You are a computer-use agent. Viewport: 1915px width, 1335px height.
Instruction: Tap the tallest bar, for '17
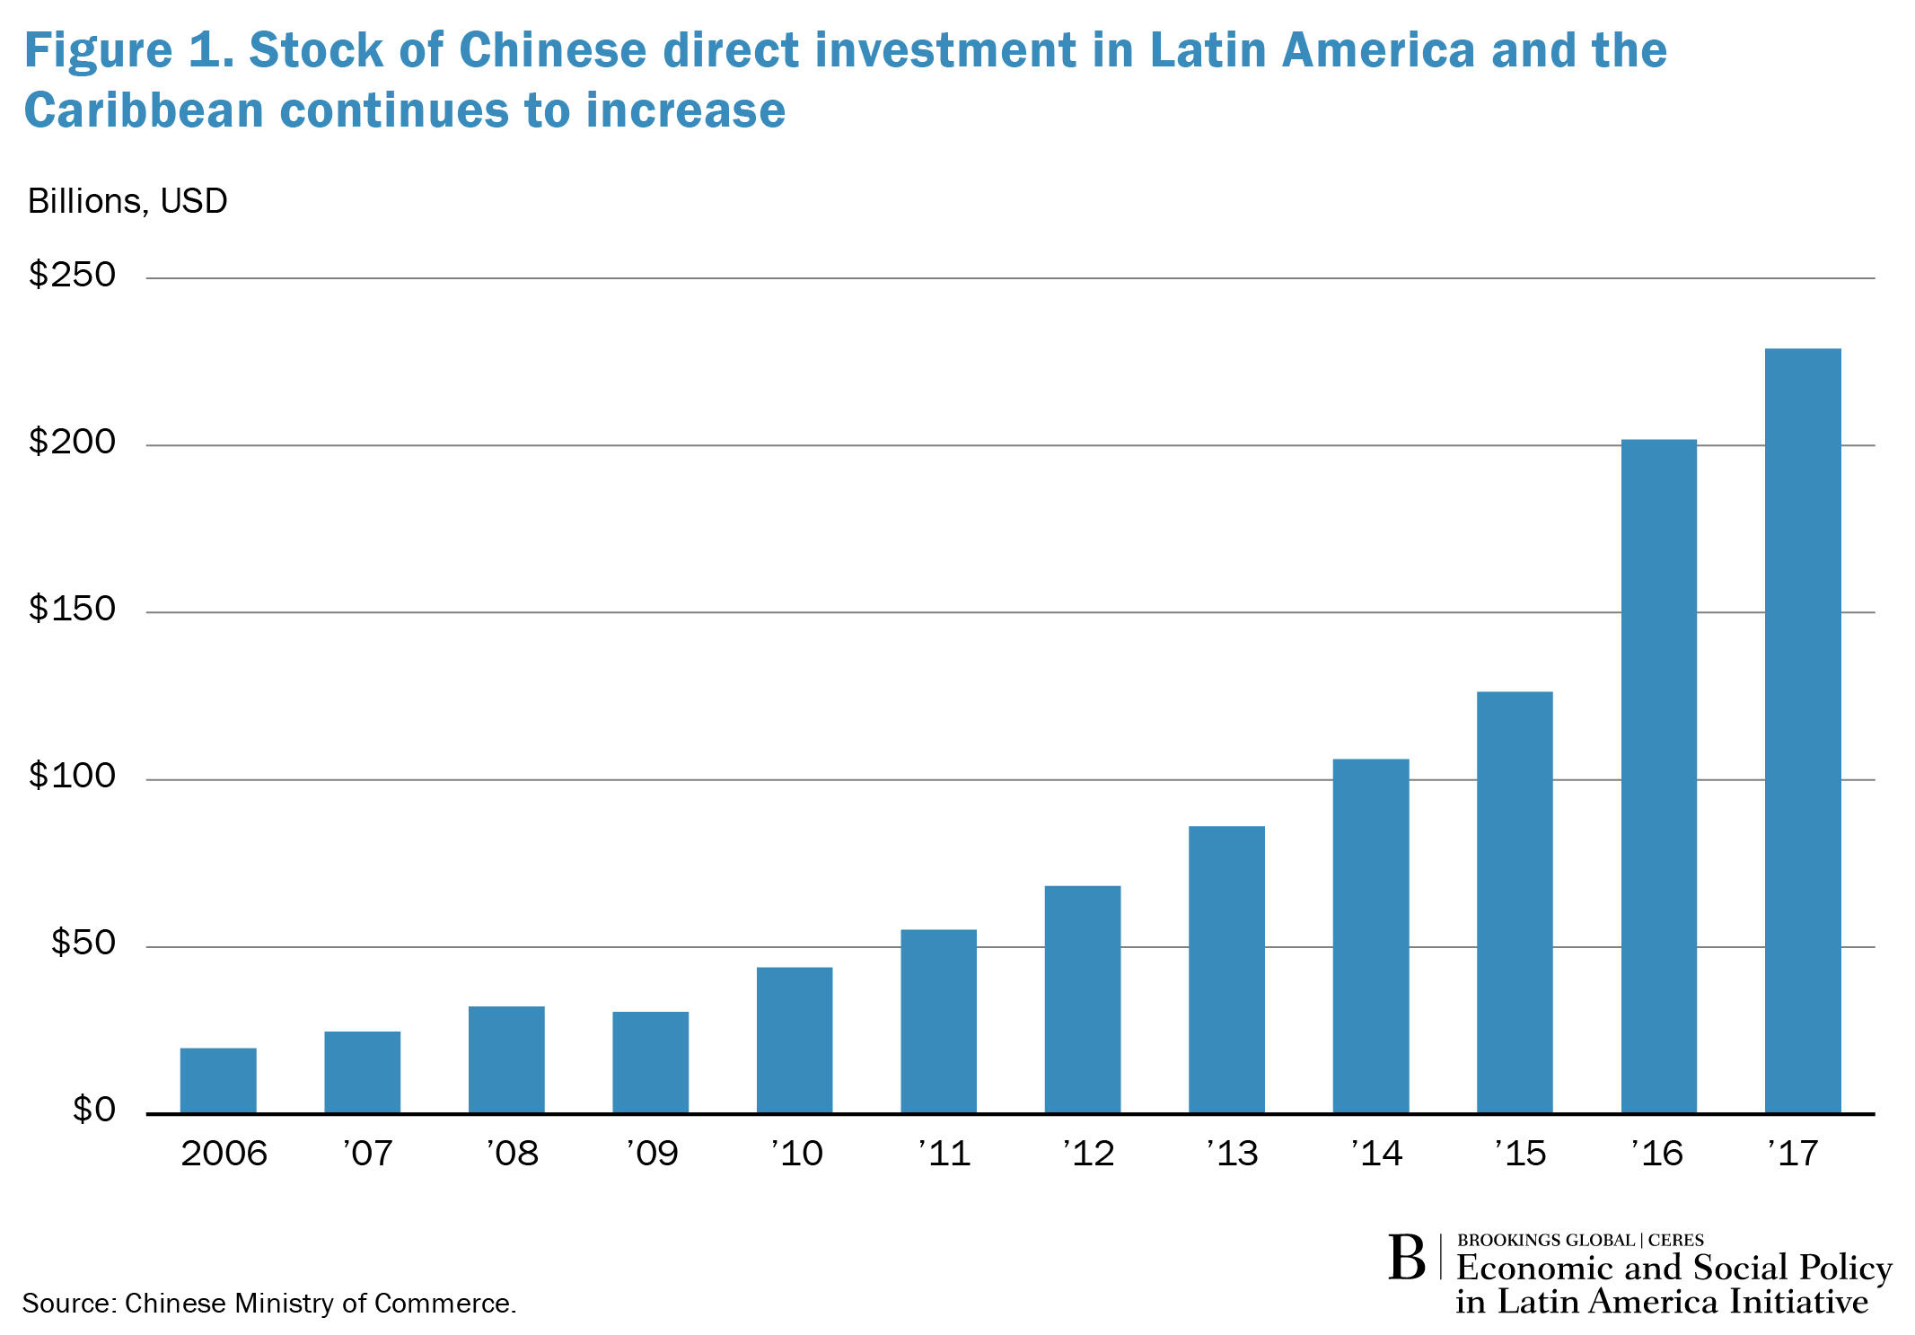point(1802,731)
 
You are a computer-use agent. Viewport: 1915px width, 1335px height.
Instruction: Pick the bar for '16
point(1658,776)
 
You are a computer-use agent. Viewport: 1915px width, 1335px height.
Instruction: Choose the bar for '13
point(1226,970)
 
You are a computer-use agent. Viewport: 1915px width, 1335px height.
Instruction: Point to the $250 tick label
point(73,275)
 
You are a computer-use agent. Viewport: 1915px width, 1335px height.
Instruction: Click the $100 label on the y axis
point(73,776)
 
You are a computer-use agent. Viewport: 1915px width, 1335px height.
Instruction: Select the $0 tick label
point(94,1110)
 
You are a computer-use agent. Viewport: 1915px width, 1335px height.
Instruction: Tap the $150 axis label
point(73,609)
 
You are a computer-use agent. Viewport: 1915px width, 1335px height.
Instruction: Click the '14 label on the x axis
point(1376,1153)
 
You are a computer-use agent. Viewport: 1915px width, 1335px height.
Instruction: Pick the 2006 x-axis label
point(224,1153)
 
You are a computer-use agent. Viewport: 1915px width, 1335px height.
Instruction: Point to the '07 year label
point(368,1153)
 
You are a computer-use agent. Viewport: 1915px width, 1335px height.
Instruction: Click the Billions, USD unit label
point(127,201)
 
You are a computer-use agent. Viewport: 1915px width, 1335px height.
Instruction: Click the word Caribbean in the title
point(144,111)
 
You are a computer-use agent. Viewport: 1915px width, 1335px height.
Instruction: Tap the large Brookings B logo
point(1406,1259)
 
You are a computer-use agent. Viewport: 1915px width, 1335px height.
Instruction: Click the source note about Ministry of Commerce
point(269,1303)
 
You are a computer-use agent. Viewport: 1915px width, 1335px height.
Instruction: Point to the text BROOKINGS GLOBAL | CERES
point(1579,1240)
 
